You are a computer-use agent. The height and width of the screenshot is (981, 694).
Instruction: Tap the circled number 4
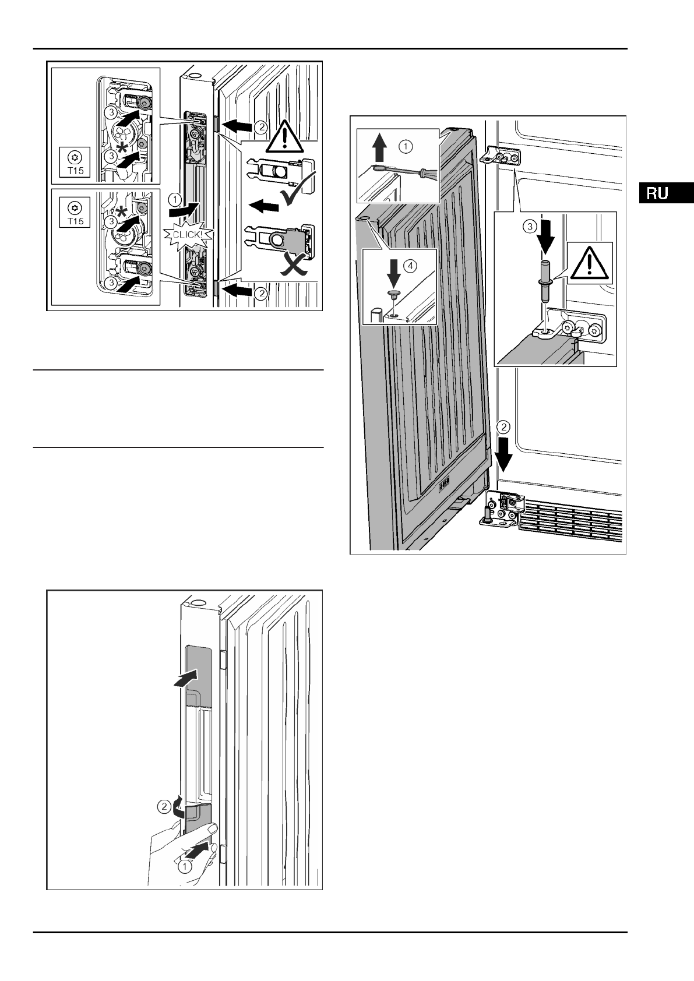[410, 266]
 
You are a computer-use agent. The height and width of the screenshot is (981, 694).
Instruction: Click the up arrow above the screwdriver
[379, 149]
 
